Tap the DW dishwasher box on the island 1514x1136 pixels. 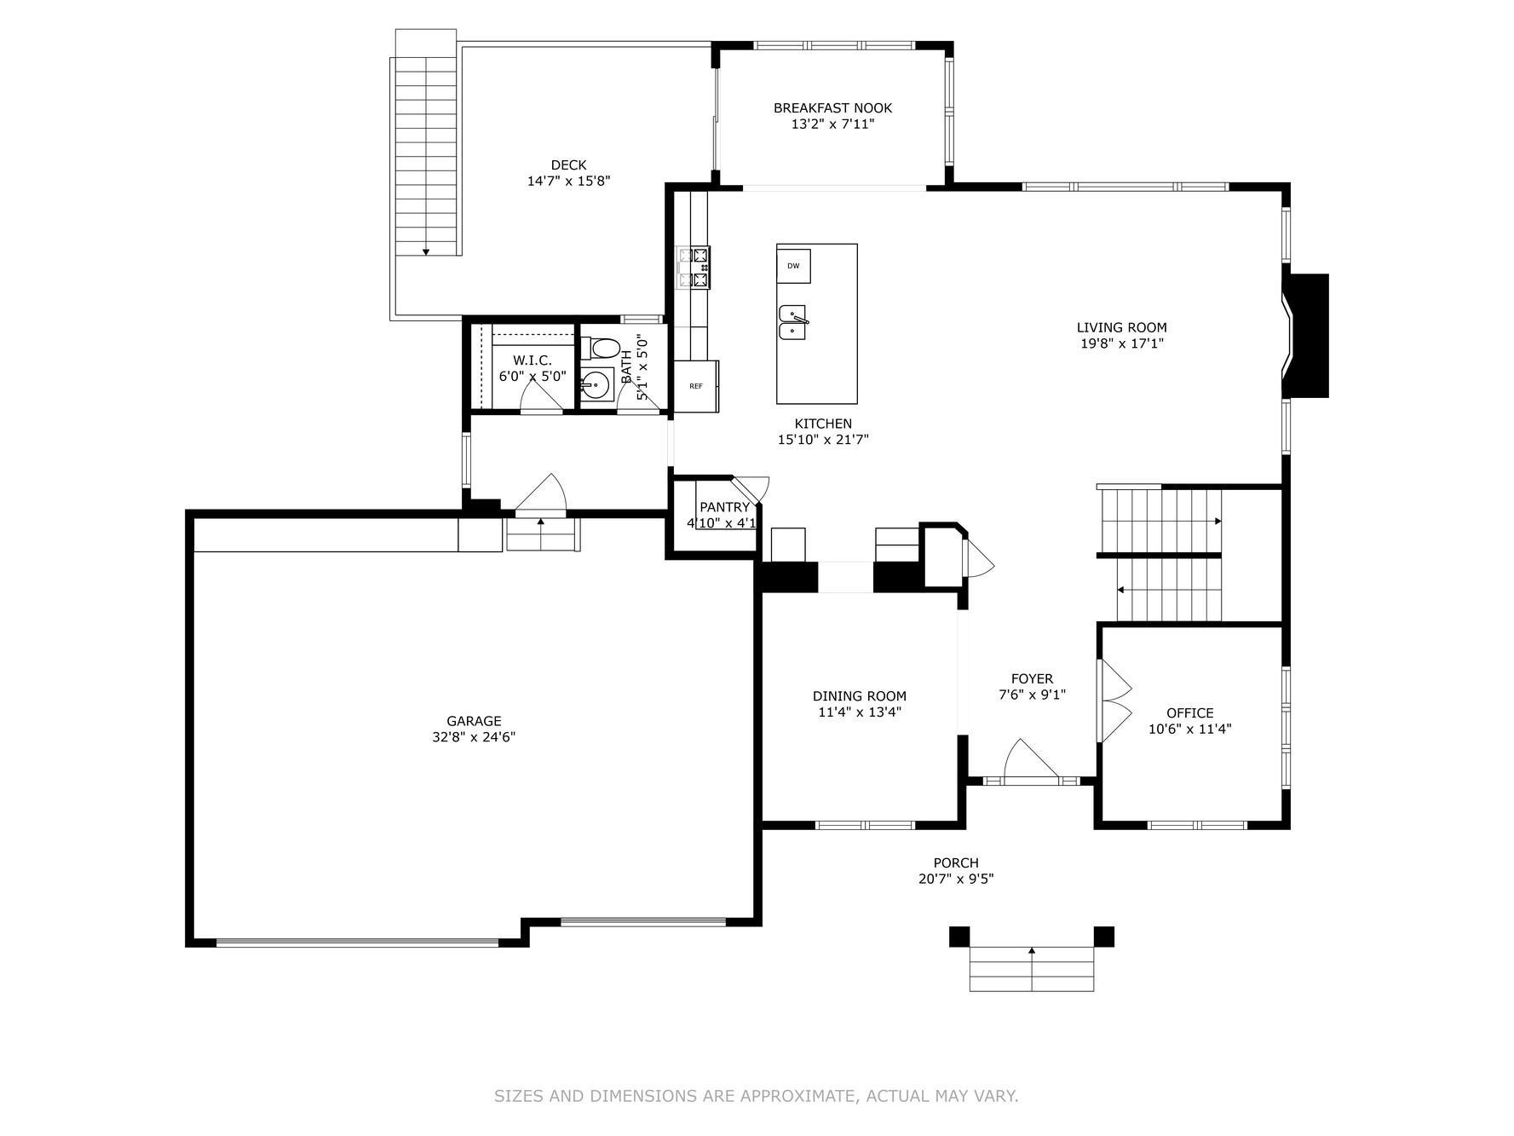793,266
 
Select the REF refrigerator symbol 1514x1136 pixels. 696,386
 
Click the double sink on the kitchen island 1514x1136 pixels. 793,322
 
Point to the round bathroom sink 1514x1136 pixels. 597,385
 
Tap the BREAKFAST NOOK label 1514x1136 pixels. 832,108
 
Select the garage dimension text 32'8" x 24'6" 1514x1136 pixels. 474,737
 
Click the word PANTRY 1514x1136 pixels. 724,508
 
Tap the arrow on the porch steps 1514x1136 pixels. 1032,950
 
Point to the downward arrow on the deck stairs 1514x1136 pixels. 426,251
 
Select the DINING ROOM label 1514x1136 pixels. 859,696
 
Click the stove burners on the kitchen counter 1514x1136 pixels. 694,266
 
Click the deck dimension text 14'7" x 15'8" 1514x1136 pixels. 568,181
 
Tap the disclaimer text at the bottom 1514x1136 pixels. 756,1096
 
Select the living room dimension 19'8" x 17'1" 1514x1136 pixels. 1121,343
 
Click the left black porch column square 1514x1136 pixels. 959,936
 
